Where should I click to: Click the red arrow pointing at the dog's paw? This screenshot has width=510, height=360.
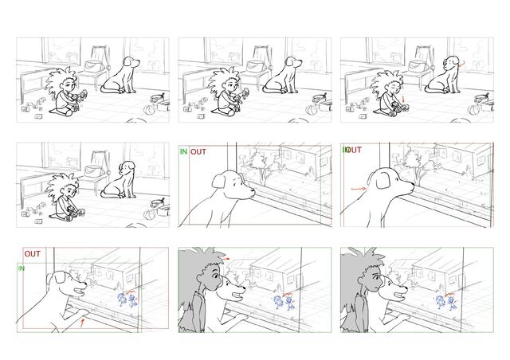(x=83, y=323)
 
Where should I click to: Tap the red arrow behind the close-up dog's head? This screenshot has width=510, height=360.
(x=359, y=188)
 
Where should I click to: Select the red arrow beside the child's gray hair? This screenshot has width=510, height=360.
(x=226, y=259)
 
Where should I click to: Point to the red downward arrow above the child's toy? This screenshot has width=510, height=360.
(x=403, y=99)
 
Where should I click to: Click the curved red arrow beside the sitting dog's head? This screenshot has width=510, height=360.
(x=462, y=64)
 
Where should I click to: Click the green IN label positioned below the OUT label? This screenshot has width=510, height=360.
(x=22, y=268)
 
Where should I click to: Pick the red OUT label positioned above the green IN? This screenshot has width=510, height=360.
(x=33, y=253)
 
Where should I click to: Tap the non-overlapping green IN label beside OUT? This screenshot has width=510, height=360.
(x=184, y=151)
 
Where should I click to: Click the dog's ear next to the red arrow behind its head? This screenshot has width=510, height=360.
(x=382, y=180)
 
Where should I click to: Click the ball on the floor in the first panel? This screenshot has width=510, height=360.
(x=149, y=109)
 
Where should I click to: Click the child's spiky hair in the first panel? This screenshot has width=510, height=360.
(x=61, y=83)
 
